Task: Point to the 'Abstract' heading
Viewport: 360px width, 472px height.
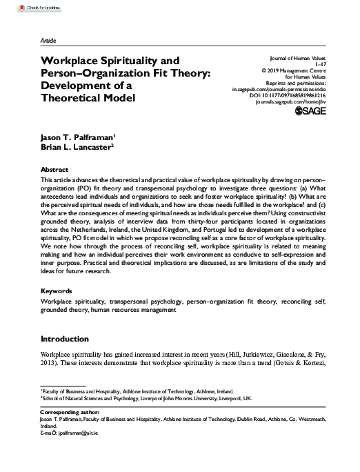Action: click(54, 168)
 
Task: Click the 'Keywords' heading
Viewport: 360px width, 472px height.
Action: click(57, 291)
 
